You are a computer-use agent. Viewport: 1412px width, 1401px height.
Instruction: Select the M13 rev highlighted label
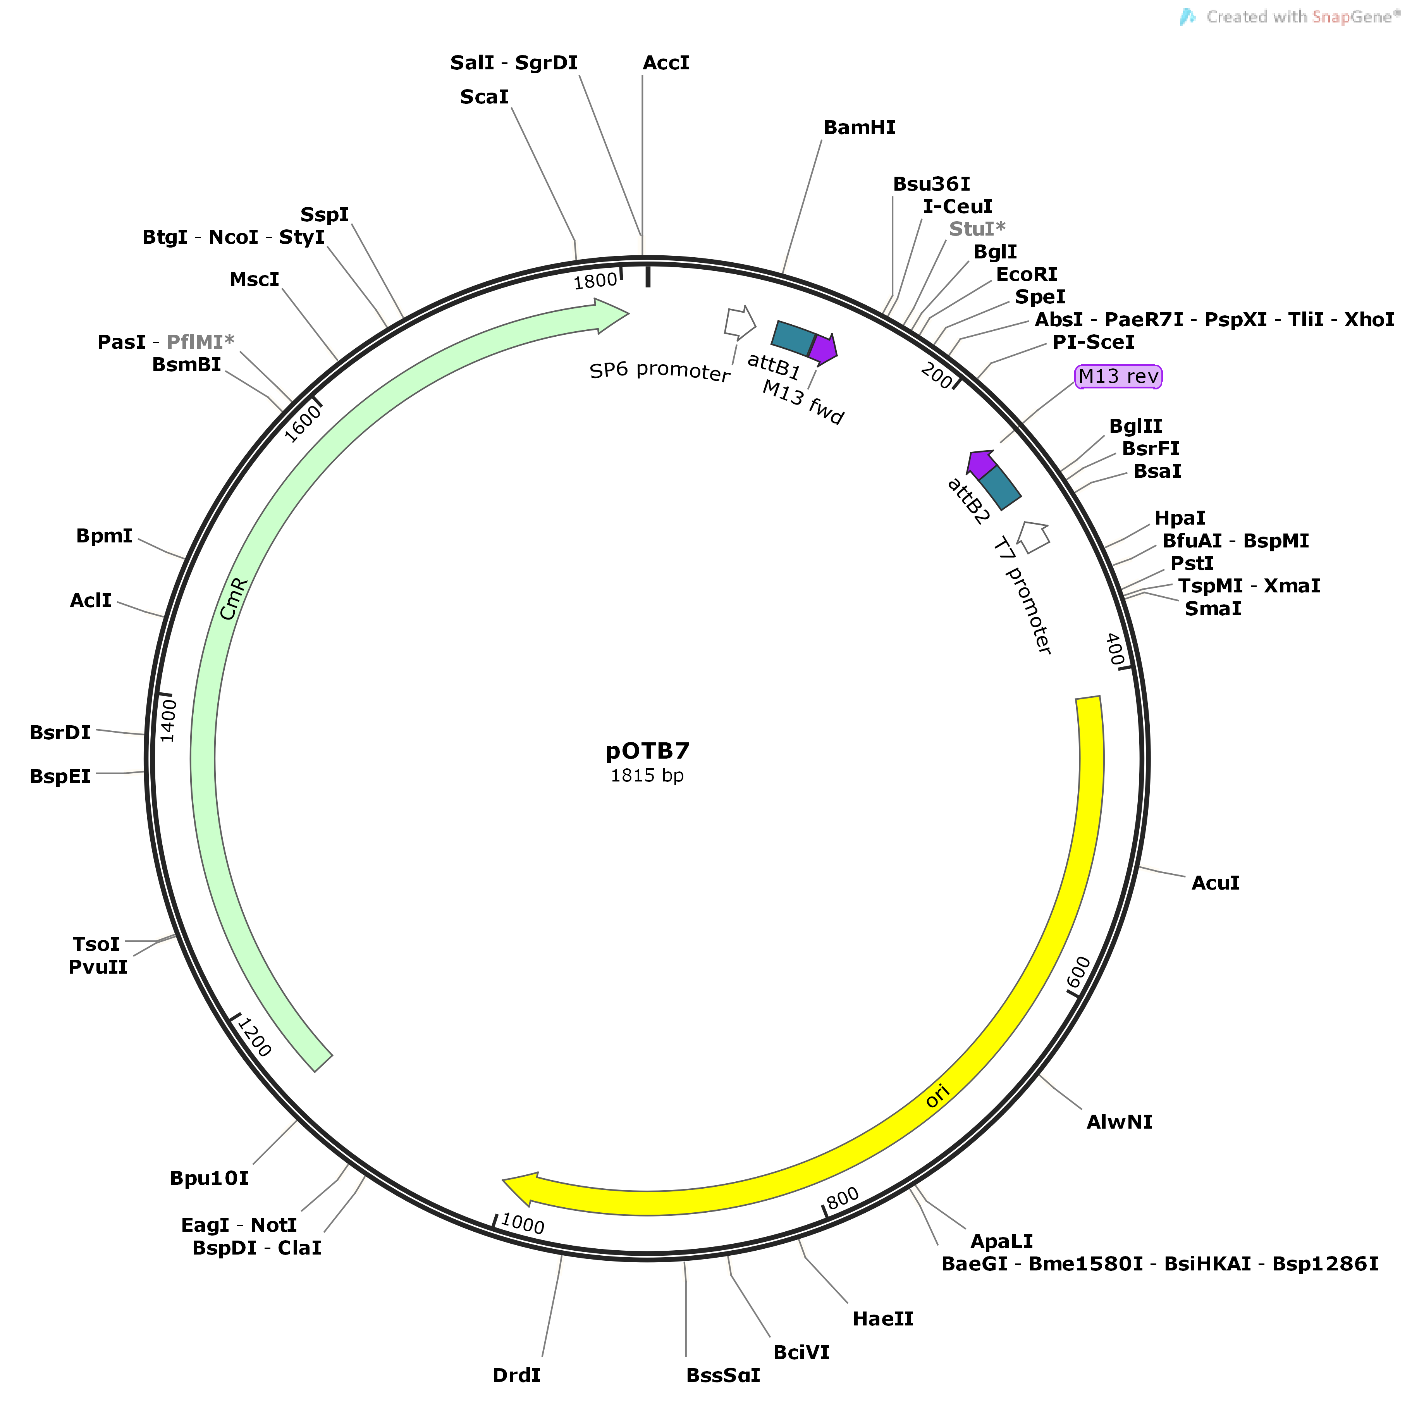[x=1118, y=376]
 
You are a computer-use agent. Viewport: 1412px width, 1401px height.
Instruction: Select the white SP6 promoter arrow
[x=740, y=322]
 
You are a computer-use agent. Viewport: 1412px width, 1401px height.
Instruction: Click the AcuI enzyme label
[x=1215, y=883]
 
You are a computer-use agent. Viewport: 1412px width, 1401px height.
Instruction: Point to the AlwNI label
[x=1119, y=1122]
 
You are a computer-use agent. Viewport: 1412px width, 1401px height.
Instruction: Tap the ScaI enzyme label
[x=484, y=97]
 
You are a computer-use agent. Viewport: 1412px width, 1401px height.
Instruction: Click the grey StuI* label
[x=977, y=229]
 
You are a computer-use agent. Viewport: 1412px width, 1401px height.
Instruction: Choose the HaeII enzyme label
[x=883, y=1318]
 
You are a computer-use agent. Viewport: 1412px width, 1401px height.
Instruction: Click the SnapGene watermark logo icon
[x=1188, y=17]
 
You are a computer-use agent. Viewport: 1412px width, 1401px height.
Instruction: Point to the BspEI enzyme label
[x=60, y=776]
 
